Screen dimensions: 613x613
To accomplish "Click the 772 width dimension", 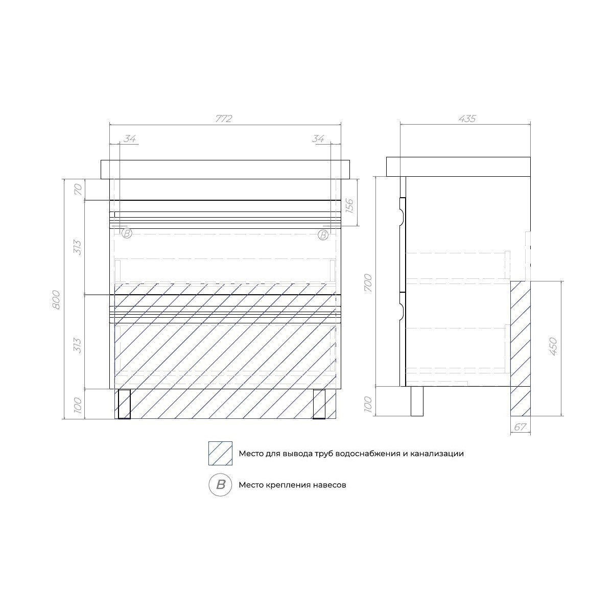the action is pos(224,119).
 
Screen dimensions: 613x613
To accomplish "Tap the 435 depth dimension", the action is pos(467,119).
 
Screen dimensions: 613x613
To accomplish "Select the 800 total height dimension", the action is pos(56,299).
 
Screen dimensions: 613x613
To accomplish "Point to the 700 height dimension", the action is pos(368,283).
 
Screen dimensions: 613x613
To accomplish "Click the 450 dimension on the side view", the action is pos(553,346).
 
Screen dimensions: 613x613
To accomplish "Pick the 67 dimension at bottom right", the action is pos(521,427).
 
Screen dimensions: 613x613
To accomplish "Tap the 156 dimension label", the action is pos(349,206).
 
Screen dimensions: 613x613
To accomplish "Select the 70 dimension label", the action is pos(78,190).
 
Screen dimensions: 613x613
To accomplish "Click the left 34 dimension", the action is pos(130,139).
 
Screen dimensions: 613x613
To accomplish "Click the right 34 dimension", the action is pos(318,139).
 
